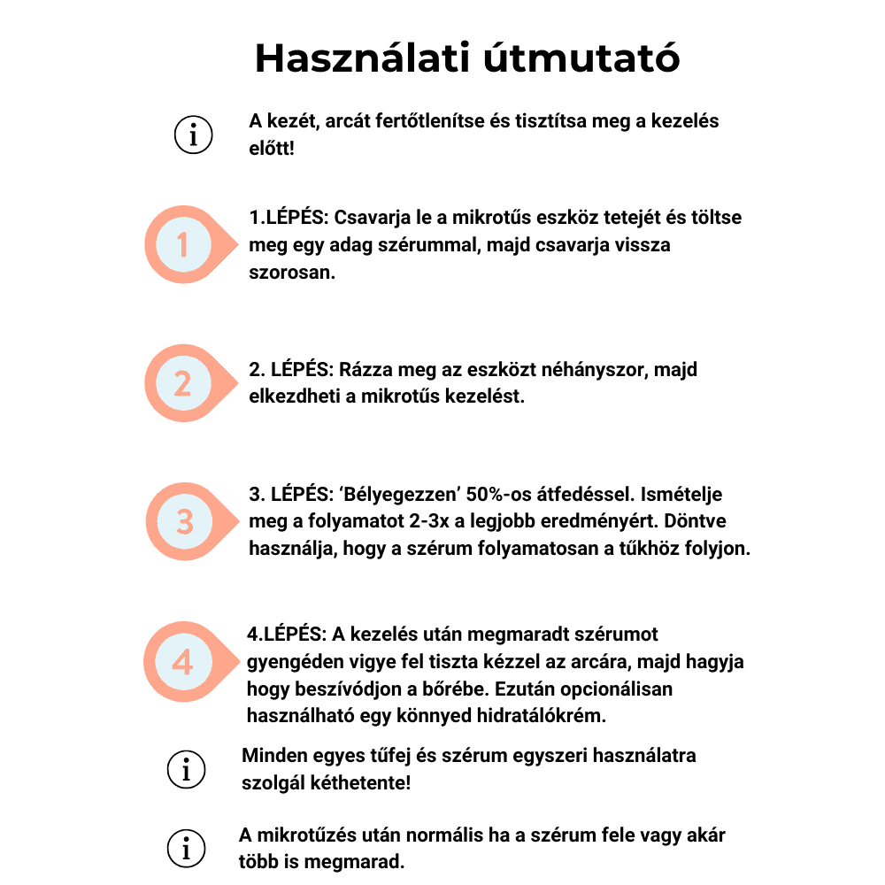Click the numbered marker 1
click(x=183, y=244)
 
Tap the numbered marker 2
click(x=183, y=383)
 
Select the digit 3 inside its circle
click(x=183, y=521)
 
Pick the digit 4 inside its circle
click(x=183, y=661)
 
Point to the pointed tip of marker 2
click(x=238, y=383)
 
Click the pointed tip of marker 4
click(x=239, y=661)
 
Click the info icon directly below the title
click(x=192, y=135)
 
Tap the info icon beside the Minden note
click(x=186, y=769)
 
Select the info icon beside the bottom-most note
click(x=186, y=849)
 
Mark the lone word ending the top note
click(x=271, y=149)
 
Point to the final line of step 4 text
click(x=425, y=715)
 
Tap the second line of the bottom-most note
click(x=319, y=860)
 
